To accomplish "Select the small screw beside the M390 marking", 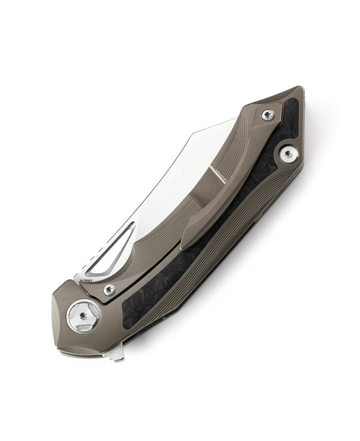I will coord(109,290).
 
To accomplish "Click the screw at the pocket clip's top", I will coord(268,115).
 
